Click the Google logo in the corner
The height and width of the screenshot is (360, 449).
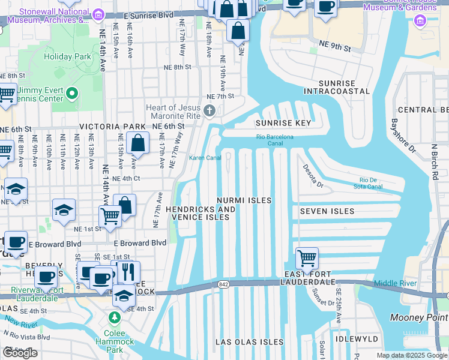click(x=20, y=353)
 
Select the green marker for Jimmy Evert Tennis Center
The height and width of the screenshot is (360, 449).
click(x=73, y=93)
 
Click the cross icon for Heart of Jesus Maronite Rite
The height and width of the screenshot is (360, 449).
click(x=209, y=110)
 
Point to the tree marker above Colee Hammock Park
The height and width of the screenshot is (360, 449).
click(x=115, y=317)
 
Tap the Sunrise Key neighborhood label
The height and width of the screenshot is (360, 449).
click(x=283, y=123)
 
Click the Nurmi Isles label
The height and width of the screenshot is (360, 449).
click(x=244, y=200)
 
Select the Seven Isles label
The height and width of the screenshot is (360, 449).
click(x=327, y=211)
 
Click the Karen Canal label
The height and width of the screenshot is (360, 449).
click(x=205, y=158)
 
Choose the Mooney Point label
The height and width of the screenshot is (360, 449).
click(x=418, y=317)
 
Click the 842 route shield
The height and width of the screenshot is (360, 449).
click(x=223, y=284)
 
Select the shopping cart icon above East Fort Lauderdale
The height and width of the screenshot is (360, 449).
click(x=307, y=259)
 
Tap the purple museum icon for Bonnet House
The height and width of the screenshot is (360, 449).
click(x=420, y=22)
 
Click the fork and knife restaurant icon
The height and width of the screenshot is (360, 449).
click(x=128, y=272)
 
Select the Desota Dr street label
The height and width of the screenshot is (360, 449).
click(x=312, y=176)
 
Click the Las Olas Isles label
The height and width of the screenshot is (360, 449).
click(x=249, y=342)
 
